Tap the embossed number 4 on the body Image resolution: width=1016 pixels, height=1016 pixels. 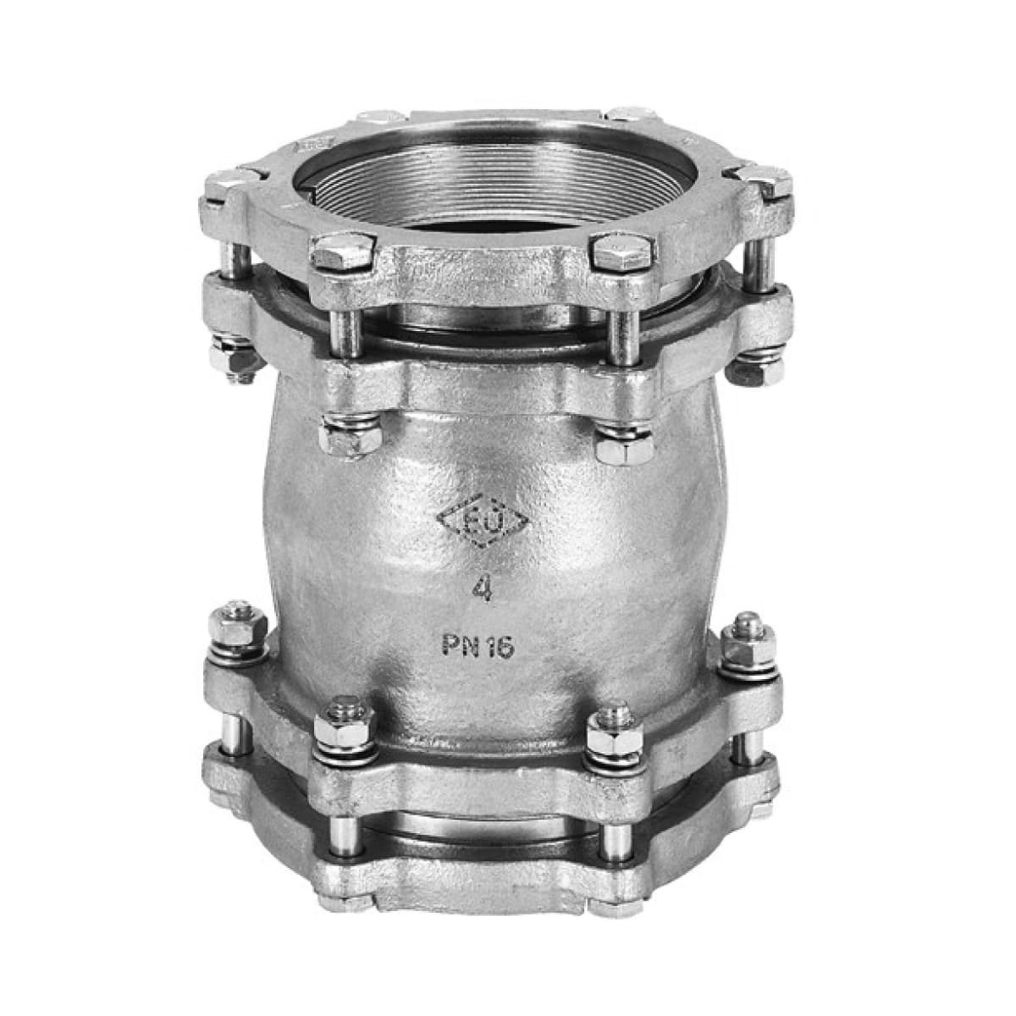click(482, 589)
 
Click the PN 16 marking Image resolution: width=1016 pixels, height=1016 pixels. click(478, 645)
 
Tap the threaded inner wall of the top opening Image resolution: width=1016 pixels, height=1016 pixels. click(495, 185)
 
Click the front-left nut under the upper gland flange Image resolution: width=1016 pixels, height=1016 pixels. click(350, 434)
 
